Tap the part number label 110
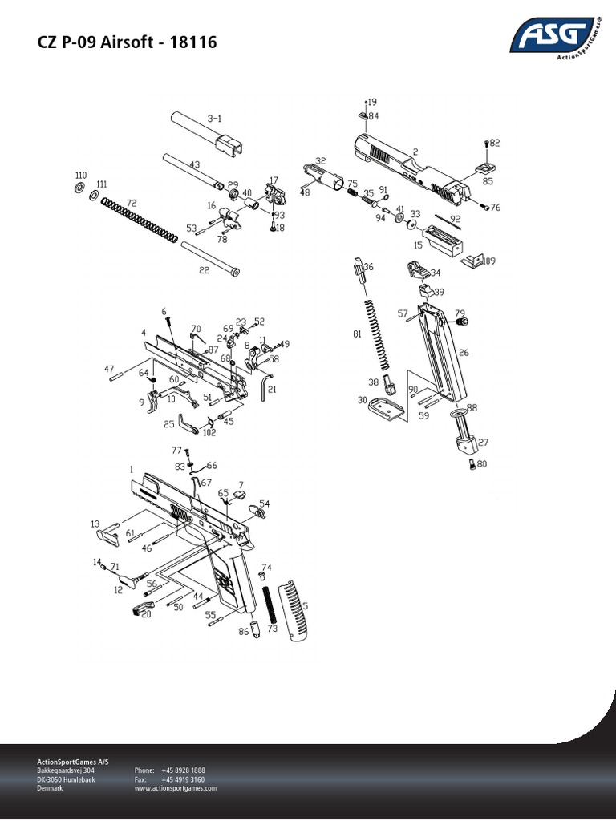tap(80, 176)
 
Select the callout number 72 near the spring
tap(132, 204)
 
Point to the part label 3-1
tap(214, 119)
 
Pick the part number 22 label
tap(204, 270)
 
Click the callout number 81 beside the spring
tap(357, 334)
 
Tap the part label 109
tap(488, 261)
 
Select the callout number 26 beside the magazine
tap(464, 352)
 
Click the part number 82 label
tap(494, 143)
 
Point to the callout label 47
tap(109, 368)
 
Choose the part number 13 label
tap(95, 523)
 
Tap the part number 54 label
tap(264, 503)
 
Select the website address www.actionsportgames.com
tap(176, 788)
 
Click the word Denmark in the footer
tap(51, 788)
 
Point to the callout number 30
tap(362, 400)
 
